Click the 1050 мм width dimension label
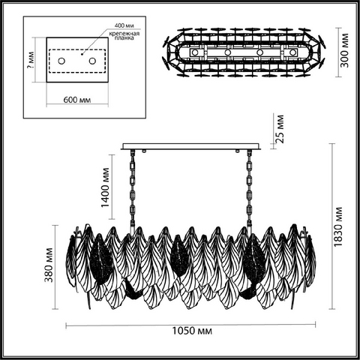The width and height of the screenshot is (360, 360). (x=192, y=331)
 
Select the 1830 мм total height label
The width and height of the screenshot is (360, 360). (x=338, y=226)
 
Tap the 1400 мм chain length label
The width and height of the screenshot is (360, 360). (x=105, y=187)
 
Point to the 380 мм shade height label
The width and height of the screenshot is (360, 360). (x=49, y=265)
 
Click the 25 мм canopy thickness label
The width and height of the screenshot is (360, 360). (x=280, y=129)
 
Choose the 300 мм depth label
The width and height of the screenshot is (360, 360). (x=344, y=50)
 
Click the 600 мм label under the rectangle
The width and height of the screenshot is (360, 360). (x=77, y=100)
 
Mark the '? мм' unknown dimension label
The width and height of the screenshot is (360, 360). (x=31, y=61)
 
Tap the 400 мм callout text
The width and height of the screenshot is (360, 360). (x=124, y=25)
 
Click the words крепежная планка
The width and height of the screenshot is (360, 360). (x=124, y=36)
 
